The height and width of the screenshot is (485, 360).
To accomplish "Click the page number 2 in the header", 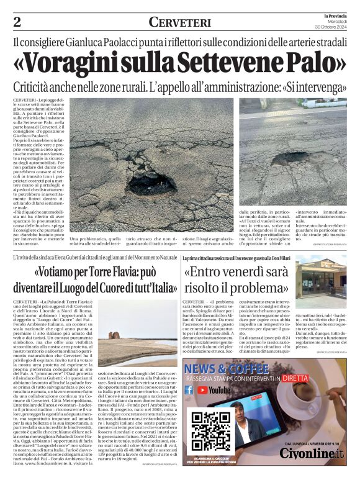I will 17,22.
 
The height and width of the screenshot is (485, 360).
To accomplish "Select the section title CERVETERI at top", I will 179,22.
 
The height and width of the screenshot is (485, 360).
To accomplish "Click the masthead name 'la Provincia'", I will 333,16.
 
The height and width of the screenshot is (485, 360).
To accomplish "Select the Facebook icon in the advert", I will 189,390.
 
